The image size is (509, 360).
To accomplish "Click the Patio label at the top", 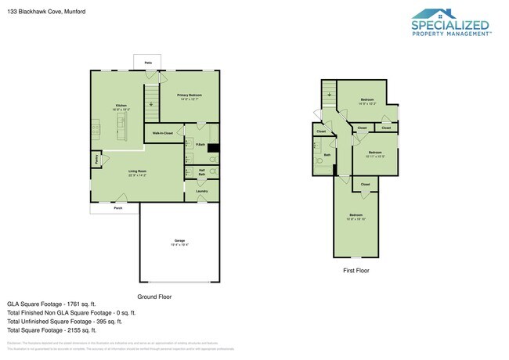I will click(x=147, y=63).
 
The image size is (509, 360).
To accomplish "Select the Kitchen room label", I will click(x=121, y=106).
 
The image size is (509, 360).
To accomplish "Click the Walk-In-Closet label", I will click(x=163, y=134).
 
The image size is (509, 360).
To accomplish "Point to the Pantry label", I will click(x=96, y=158).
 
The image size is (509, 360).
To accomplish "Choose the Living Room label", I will click(x=138, y=171).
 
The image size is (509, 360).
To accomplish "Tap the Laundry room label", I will click(x=201, y=190).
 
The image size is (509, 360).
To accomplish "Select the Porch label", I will click(x=118, y=208).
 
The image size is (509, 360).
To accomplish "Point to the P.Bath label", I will click(x=200, y=145).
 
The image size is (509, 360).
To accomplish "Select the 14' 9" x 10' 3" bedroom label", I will click(x=367, y=101).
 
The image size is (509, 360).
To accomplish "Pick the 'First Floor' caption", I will click(x=356, y=270).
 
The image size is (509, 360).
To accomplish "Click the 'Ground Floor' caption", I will click(x=154, y=297).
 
